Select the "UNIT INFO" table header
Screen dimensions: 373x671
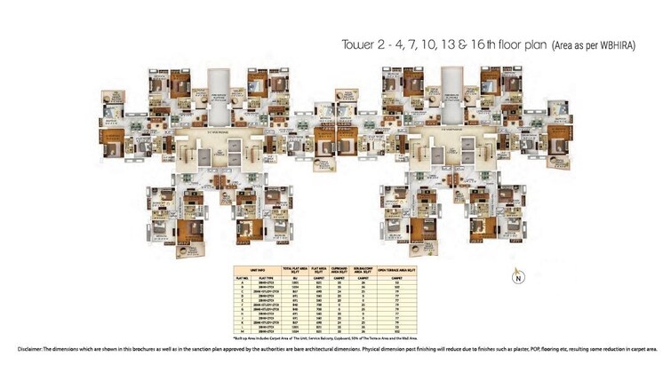click(261, 269)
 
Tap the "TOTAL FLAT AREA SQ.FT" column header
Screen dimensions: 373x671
click(293, 269)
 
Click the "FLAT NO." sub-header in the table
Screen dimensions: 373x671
click(241, 277)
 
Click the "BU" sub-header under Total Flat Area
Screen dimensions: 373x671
click(293, 277)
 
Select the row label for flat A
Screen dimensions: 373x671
click(241, 282)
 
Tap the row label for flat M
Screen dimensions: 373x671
click(241, 330)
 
